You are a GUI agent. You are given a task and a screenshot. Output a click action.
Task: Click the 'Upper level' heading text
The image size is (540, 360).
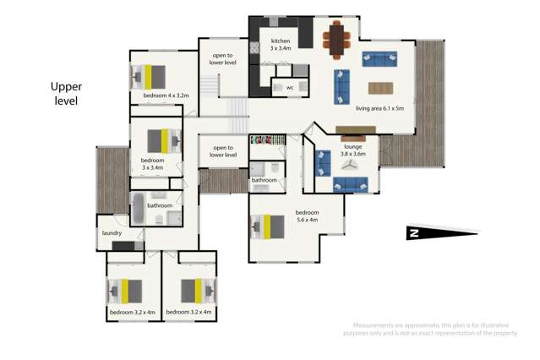[64, 93]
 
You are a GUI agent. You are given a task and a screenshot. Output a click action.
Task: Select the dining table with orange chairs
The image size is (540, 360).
[338, 39]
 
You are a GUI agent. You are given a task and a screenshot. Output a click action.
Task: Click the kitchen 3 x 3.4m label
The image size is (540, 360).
[281, 45]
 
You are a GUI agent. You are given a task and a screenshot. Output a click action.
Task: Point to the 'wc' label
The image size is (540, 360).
[289, 87]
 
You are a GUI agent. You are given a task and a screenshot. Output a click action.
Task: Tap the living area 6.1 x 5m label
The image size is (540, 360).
[379, 108]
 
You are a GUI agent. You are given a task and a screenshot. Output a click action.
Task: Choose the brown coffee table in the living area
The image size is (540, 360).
[380, 87]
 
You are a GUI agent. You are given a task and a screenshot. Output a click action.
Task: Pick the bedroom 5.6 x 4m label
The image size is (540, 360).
[307, 216]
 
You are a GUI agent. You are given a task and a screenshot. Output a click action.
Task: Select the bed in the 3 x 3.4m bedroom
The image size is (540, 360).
[163, 139]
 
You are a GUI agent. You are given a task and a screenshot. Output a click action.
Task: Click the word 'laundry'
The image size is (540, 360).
[112, 232]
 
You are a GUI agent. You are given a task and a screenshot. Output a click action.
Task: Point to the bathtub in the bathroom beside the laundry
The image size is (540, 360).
[139, 207]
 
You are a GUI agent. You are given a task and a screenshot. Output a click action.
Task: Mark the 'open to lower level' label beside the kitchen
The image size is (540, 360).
[224, 59]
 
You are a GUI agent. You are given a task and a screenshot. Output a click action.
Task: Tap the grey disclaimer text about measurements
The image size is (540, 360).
[432, 329]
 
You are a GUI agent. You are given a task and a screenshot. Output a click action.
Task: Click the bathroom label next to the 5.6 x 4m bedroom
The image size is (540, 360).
[264, 179]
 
